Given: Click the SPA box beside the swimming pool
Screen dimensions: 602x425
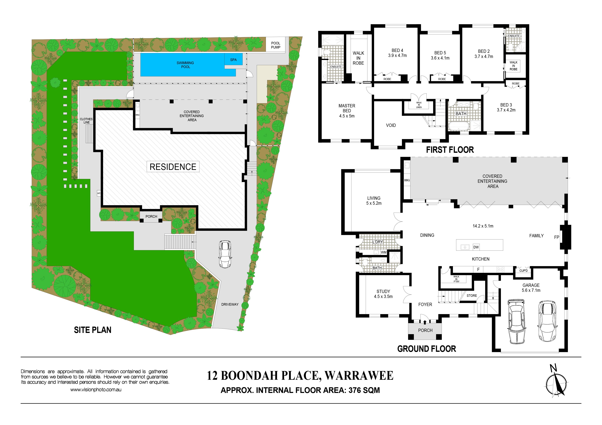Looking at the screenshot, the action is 233,59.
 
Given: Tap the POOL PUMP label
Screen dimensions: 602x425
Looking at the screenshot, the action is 276,45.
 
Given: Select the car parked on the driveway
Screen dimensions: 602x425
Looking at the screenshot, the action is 225,254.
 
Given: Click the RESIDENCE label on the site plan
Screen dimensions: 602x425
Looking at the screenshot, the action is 173,167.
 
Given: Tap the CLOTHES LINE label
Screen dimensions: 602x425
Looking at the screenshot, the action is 86,121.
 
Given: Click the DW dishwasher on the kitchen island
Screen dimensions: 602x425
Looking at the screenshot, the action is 476,247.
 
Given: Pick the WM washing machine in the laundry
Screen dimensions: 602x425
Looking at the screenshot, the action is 384,252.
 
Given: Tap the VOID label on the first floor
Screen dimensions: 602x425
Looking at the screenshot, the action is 391,125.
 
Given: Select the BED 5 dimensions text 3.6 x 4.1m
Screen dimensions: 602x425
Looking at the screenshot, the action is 440,58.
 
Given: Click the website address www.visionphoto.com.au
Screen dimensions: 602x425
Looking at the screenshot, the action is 96,390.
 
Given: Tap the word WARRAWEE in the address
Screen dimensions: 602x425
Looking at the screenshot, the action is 359,376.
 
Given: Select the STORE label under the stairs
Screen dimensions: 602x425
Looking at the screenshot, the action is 472,296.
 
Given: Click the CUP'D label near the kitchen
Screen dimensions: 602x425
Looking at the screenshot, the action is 523,271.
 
